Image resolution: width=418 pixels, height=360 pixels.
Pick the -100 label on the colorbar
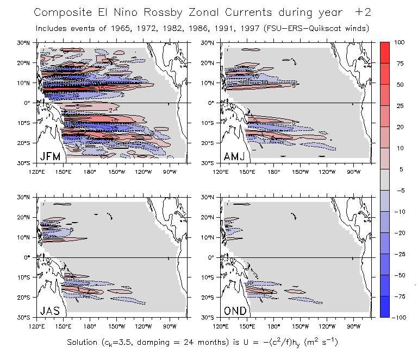(x=401, y=316)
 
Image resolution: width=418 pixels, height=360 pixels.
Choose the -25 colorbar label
(x=401, y=254)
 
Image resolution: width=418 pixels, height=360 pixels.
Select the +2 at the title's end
(x=364, y=12)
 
